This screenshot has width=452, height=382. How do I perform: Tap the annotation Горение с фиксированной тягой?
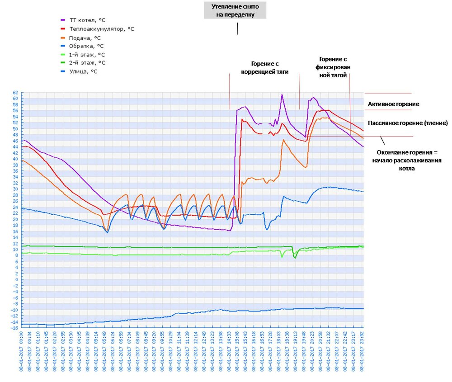click(x=333, y=67)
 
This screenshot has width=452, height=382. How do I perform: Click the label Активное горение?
click(x=393, y=104)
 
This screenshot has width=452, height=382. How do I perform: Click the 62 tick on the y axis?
click(x=15, y=92)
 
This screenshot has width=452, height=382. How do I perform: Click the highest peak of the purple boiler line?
click(x=282, y=94)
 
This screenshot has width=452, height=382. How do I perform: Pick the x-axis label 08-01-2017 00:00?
click(x=21, y=353)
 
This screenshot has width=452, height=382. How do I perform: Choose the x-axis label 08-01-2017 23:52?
click(x=362, y=353)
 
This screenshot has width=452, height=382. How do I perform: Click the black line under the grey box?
click(x=237, y=28)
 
